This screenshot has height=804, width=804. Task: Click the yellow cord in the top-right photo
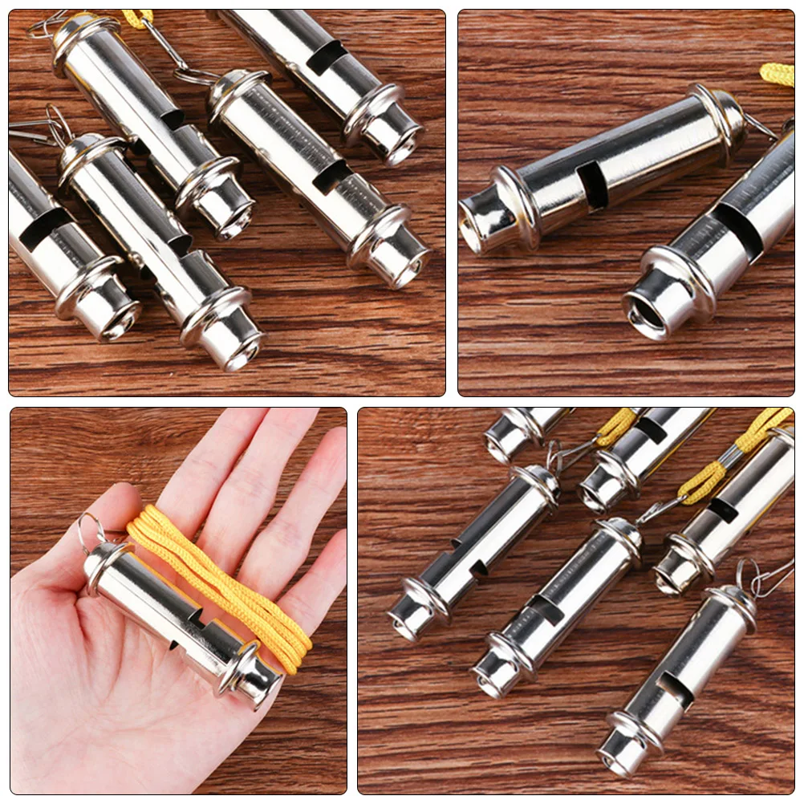[778, 74]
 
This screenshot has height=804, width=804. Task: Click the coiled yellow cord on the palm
[217, 586]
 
